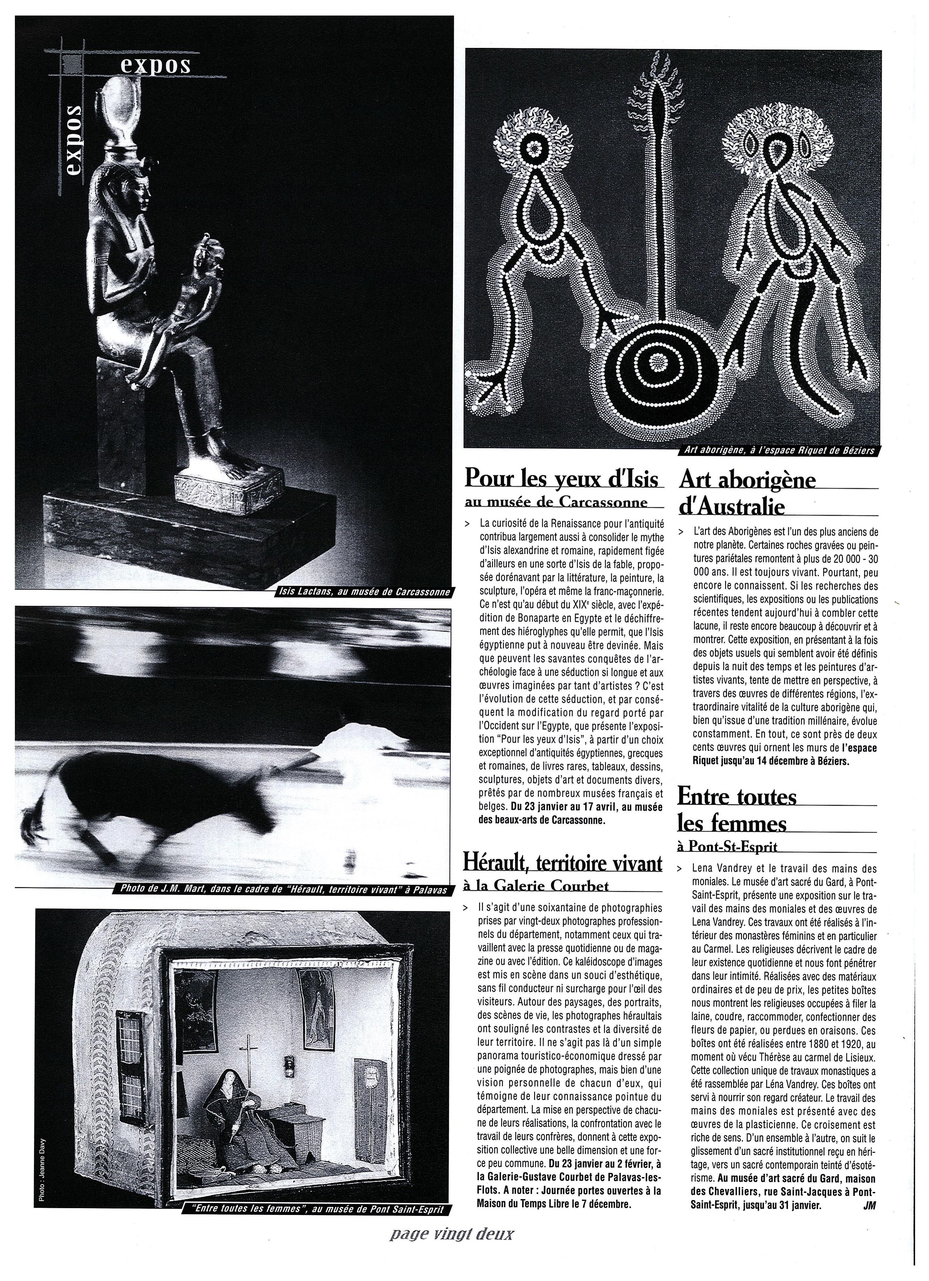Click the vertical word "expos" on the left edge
pyautogui.click(x=73, y=138)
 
